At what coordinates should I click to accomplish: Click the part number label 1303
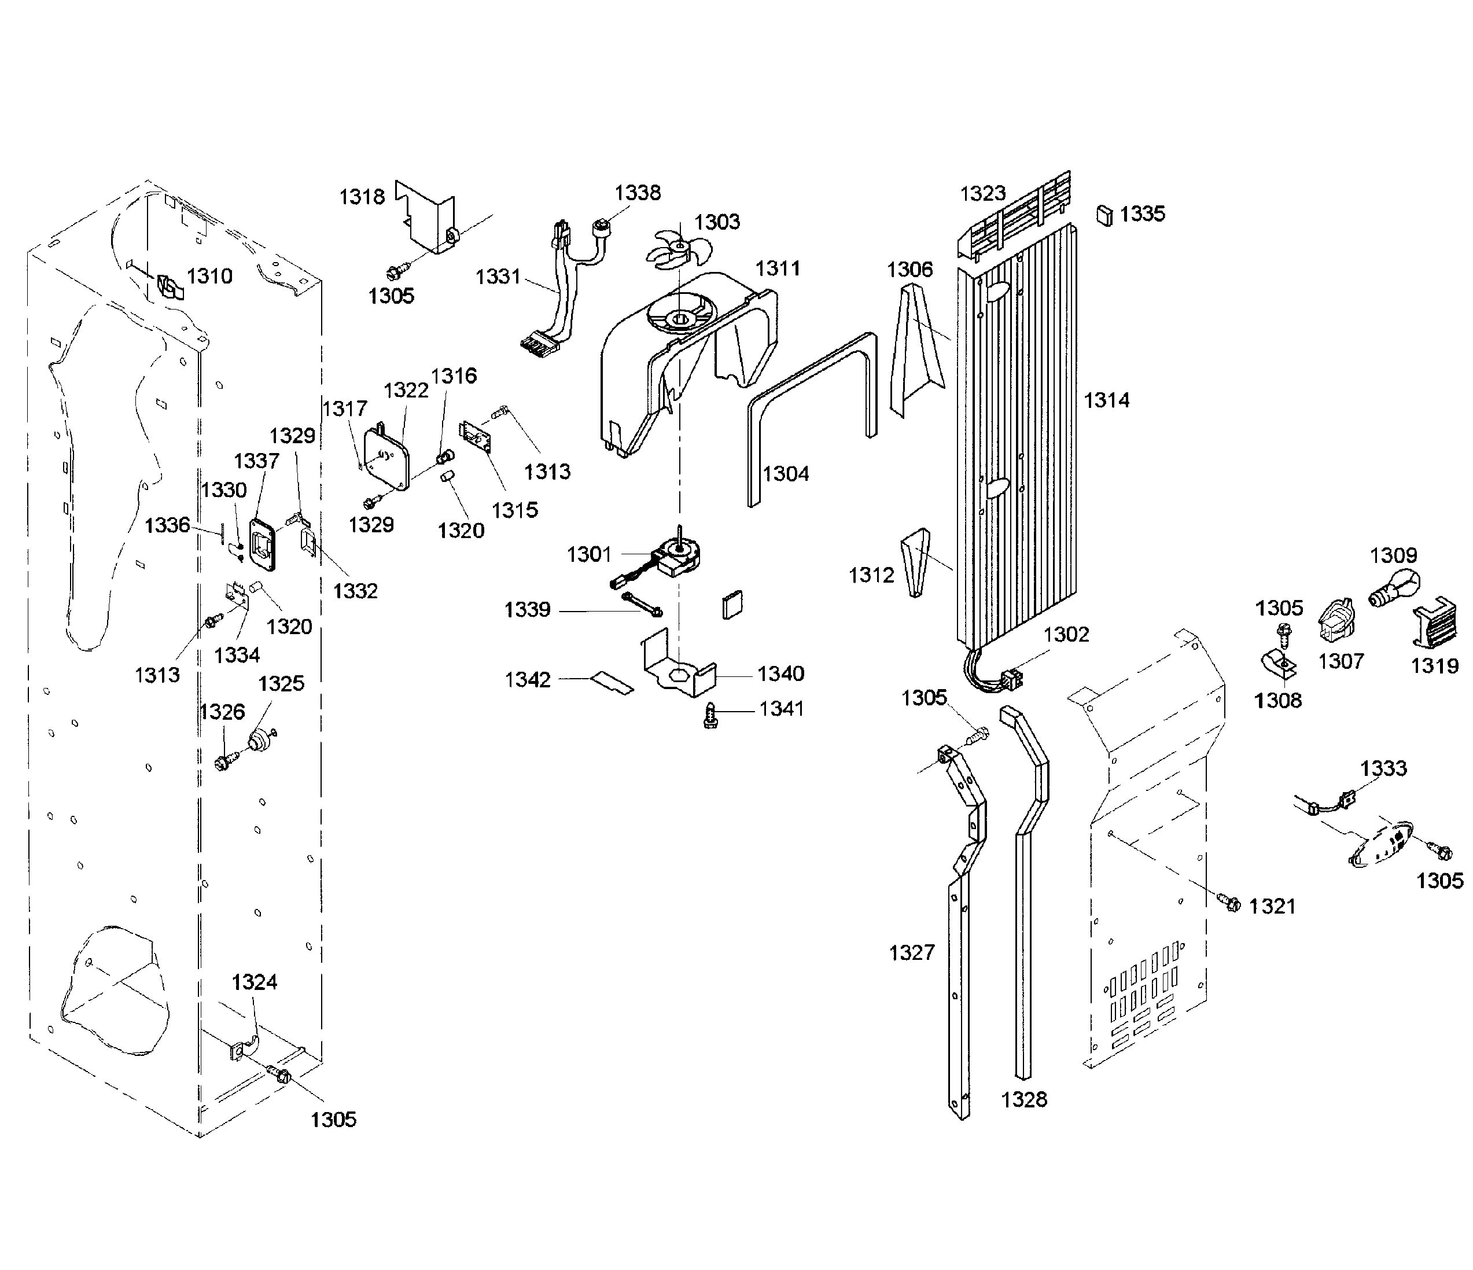[717, 222]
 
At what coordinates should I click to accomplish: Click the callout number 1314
[1106, 400]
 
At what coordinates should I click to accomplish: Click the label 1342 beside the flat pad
[528, 680]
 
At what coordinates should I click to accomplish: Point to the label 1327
[911, 952]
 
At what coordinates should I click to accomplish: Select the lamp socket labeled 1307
[1336, 621]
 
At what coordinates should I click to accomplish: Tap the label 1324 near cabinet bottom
[254, 982]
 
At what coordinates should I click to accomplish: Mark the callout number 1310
[209, 276]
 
